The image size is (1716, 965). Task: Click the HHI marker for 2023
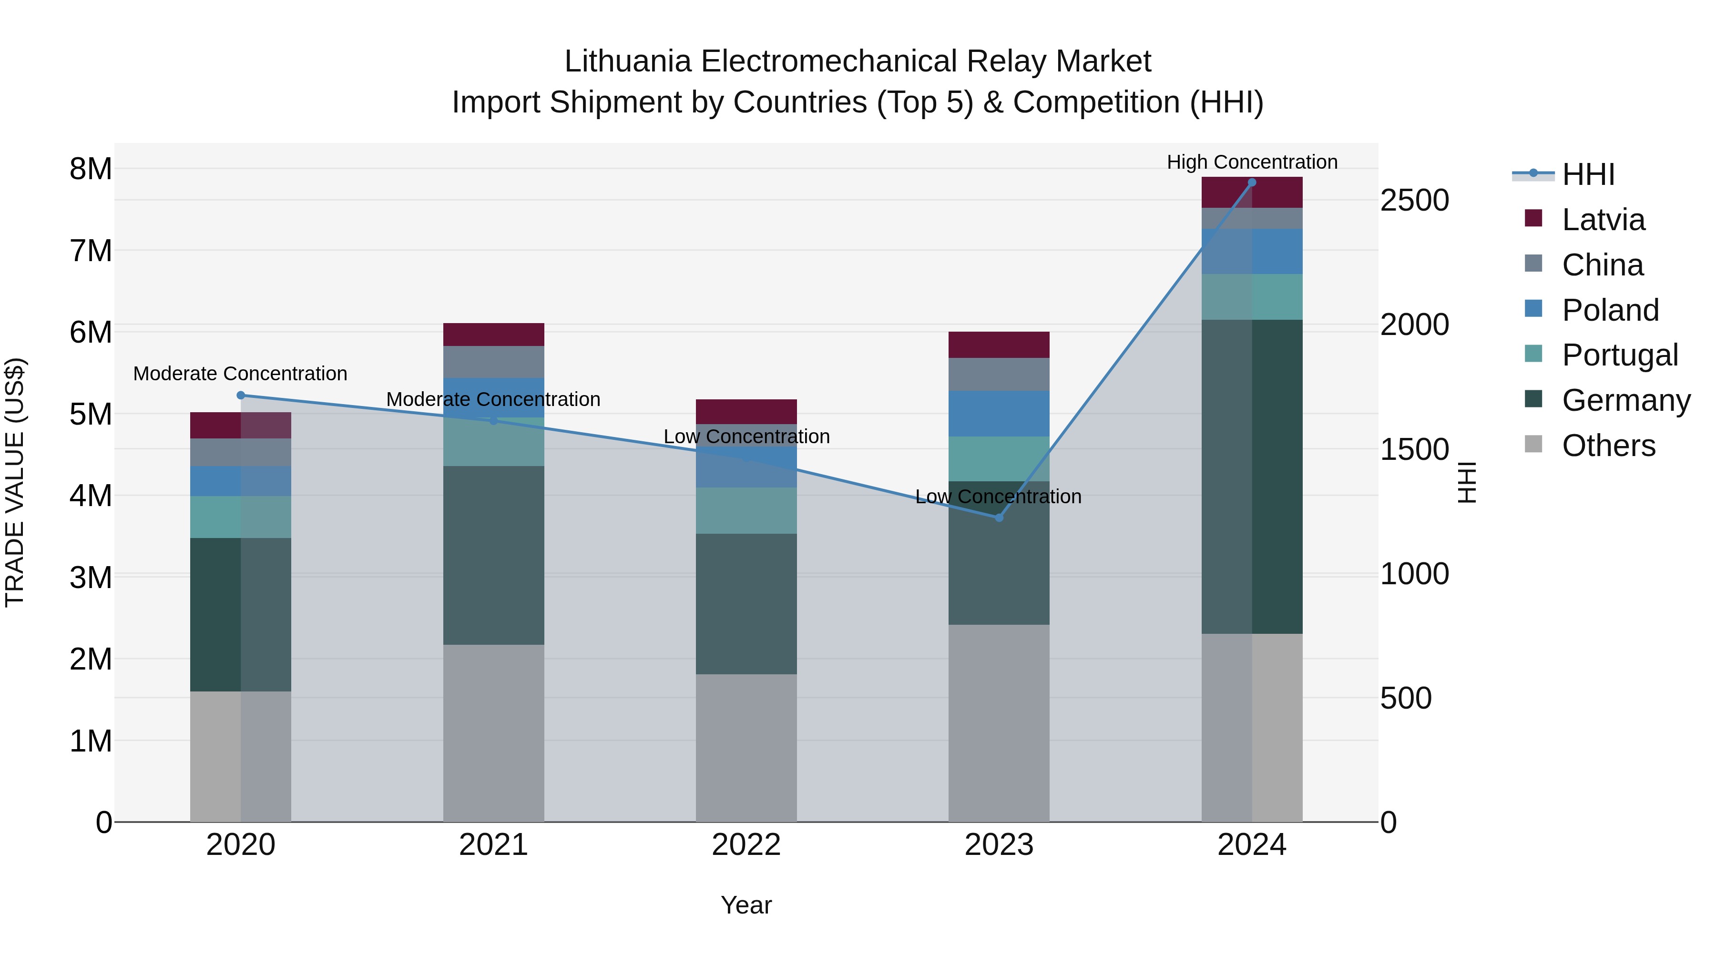click(999, 518)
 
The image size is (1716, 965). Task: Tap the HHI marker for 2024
click(1252, 183)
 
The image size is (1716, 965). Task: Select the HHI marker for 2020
click(241, 395)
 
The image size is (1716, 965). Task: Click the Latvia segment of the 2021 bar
click(494, 335)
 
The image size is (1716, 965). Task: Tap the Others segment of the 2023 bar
click(999, 722)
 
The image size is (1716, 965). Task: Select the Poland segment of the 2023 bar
click(999, 414)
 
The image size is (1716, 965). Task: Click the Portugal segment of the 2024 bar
click(1252, 297)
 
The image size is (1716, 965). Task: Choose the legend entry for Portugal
click(1619, 355)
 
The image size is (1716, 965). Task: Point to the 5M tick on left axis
click(91, 414)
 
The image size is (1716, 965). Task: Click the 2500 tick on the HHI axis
click(1414, 201)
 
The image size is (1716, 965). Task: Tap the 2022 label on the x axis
click(746, 845)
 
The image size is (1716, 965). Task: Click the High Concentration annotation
click(1252, 162)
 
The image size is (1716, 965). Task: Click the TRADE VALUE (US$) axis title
click(15, 482)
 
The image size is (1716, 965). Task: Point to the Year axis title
click(746, 905)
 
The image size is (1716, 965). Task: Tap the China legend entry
click(1602, 265)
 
